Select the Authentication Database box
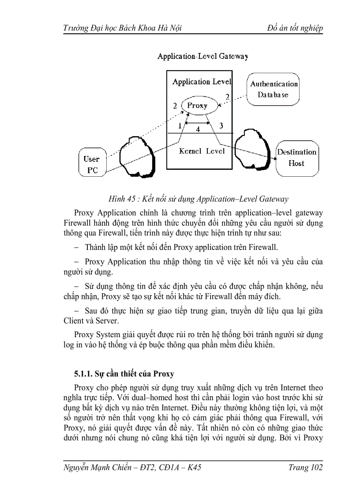pos(274,89)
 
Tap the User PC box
pos(92,164)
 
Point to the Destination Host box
pos(296,158)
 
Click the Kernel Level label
pos(202,151)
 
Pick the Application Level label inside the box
pos(202,82)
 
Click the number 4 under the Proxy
pos(198,130)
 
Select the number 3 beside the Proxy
pos(221,126)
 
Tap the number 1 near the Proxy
pos(180,126)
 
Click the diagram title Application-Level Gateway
pos(203,56)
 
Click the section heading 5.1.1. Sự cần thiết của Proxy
pos(124,374)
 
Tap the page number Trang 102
pos(305,468)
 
